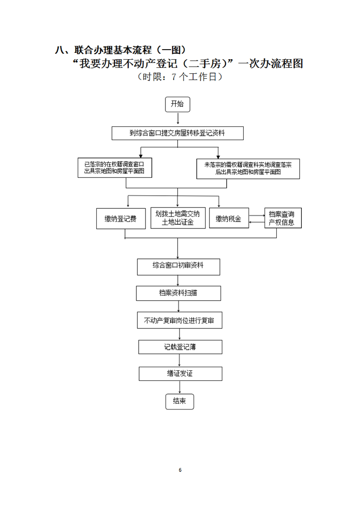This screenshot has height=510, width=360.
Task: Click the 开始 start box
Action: click(x=177, y=104)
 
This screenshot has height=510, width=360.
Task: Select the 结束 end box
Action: click(x=180, y=401)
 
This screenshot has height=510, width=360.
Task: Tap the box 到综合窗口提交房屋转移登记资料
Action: click(x=177, y=133)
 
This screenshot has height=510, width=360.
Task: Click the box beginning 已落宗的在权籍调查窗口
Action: click(x=115, y=168)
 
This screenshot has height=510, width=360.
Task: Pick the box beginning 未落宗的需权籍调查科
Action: click(x=248, y=169)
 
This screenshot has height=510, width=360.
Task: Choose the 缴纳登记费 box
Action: click(x=121, y=218)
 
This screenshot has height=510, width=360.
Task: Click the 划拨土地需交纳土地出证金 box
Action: click(x=178, y=218)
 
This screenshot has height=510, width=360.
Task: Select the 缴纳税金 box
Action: click(x=229, y=218)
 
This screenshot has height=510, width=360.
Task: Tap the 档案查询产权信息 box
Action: click(x=283, y=218)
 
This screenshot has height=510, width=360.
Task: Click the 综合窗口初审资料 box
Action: click(x=178, y=267)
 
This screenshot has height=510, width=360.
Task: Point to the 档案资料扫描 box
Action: click(x=178, y=293)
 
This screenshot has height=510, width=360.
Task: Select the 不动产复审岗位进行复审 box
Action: click(x=180, y=320)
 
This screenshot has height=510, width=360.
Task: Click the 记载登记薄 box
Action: click(x=180, y=347)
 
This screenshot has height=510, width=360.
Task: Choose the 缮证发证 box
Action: click(x=180, y=374)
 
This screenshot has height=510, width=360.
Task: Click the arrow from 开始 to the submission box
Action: click(x=178, y=119)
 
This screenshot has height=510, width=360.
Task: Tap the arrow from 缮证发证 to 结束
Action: click(x=180, y=387)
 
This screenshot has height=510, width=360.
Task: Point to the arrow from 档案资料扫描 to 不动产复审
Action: click(x=178, y=306)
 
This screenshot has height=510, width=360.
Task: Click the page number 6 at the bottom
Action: click(x=180, y=470)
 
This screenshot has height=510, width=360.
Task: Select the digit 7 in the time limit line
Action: click(x=174, y=77)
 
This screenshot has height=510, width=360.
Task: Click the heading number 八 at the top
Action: click(x=60, y=50)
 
